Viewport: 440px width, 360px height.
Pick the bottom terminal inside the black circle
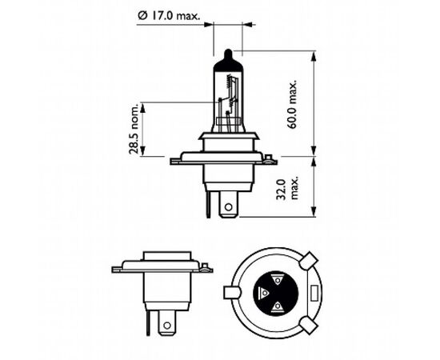[277, 306]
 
